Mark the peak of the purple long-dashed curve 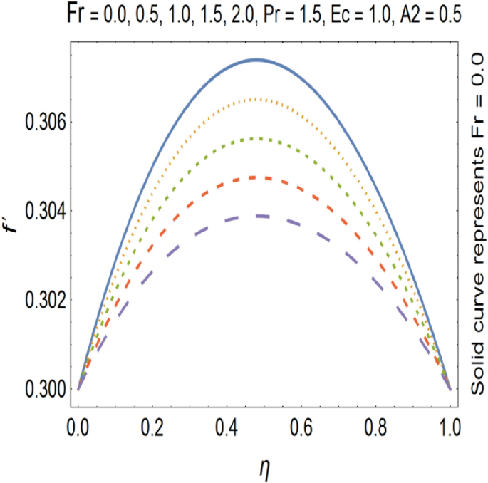coord(258,215)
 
